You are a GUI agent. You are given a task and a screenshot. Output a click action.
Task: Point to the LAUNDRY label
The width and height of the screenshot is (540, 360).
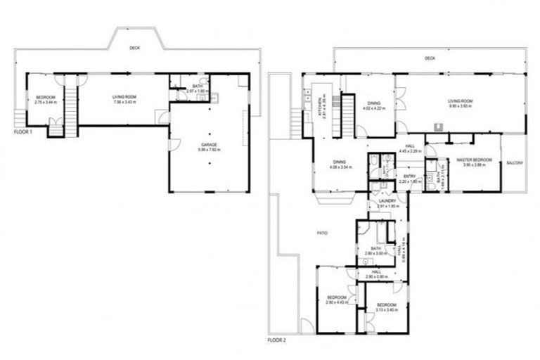click(387, 201)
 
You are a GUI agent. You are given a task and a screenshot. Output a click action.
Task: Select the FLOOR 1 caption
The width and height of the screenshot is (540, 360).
click(24, 131)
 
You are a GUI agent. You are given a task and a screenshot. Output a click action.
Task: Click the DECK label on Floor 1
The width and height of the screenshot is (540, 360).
click(134, 49)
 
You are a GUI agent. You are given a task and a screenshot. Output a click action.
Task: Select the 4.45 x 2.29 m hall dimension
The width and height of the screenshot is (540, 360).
click(409, 151)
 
